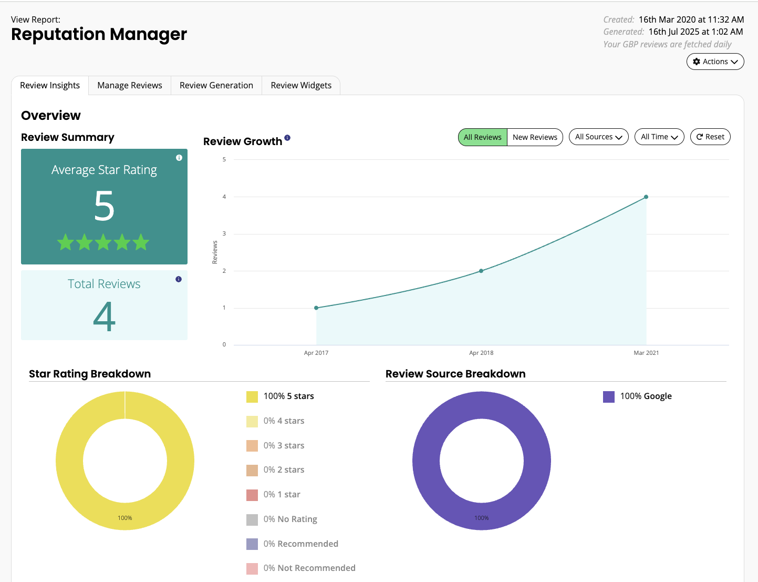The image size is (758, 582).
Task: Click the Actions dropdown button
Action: [x=715, y=62]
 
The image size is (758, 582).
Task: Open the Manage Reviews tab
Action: [x=130, y=85]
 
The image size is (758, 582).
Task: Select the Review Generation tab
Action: [x=216, y=85]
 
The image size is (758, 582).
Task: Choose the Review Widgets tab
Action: [x=301, y=85]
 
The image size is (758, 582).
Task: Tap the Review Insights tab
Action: [x=50, y=85]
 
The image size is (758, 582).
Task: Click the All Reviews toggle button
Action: [x=482, y=137]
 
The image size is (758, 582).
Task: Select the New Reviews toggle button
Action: [x=535, y=137]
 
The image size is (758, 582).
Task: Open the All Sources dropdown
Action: [x=598, y=137]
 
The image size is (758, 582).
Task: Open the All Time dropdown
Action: [x=659, y=137]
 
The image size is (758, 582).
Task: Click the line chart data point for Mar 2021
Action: [x=646, y=197]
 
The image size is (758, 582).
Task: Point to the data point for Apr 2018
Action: [x=481, y=271]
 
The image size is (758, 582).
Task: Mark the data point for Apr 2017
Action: [x=316, y=308]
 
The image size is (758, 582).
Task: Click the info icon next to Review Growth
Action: [x=287, y=138]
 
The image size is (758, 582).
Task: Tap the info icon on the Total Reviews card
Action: [x=179, y=279]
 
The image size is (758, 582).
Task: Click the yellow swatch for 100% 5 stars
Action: [x=252, y=396]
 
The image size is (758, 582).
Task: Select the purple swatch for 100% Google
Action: [x=609, y=396]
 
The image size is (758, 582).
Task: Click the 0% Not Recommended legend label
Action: [x=309, y=568]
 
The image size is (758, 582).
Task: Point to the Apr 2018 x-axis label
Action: [x=481, y=353]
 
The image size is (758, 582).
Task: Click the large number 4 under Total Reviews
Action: [x=104, y=316]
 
